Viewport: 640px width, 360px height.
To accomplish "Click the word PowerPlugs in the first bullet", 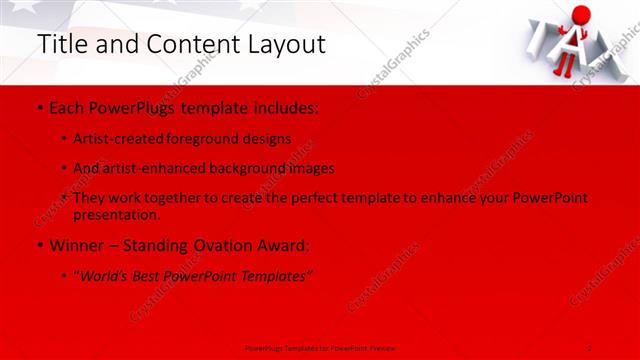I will pos(127,106).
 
